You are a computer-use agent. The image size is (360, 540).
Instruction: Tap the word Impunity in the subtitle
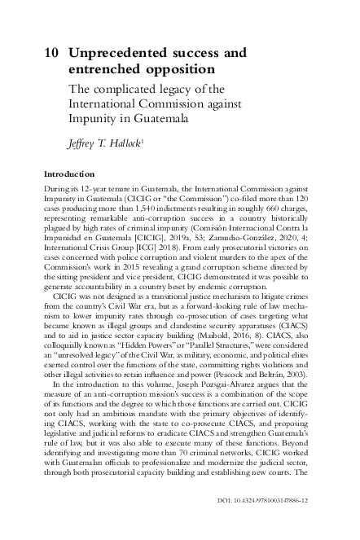94,118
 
